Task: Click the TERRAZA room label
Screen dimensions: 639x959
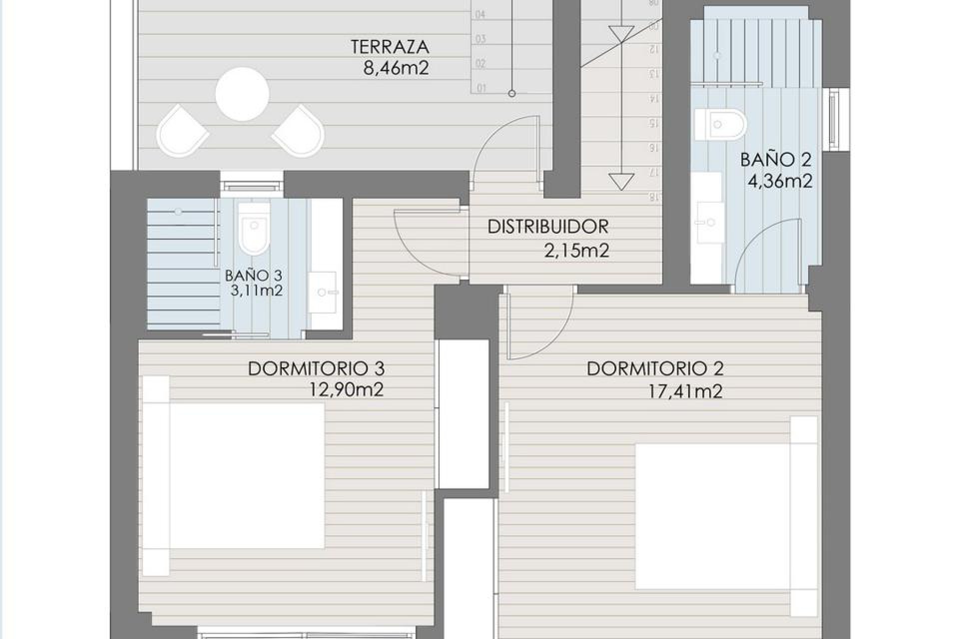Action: point(390,46)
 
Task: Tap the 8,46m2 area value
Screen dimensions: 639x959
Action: point(396,68)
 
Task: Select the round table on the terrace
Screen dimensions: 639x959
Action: point(242,94)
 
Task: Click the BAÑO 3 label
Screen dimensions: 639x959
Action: point(253,275)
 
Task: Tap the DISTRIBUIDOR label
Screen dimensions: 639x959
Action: point(547,227)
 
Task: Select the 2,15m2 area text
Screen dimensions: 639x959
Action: point(576,251)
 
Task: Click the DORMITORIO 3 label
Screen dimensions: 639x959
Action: point(316,369)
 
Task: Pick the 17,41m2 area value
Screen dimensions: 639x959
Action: point(685,391)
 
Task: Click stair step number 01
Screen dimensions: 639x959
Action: point(481,89)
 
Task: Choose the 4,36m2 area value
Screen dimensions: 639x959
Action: point(779,181)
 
